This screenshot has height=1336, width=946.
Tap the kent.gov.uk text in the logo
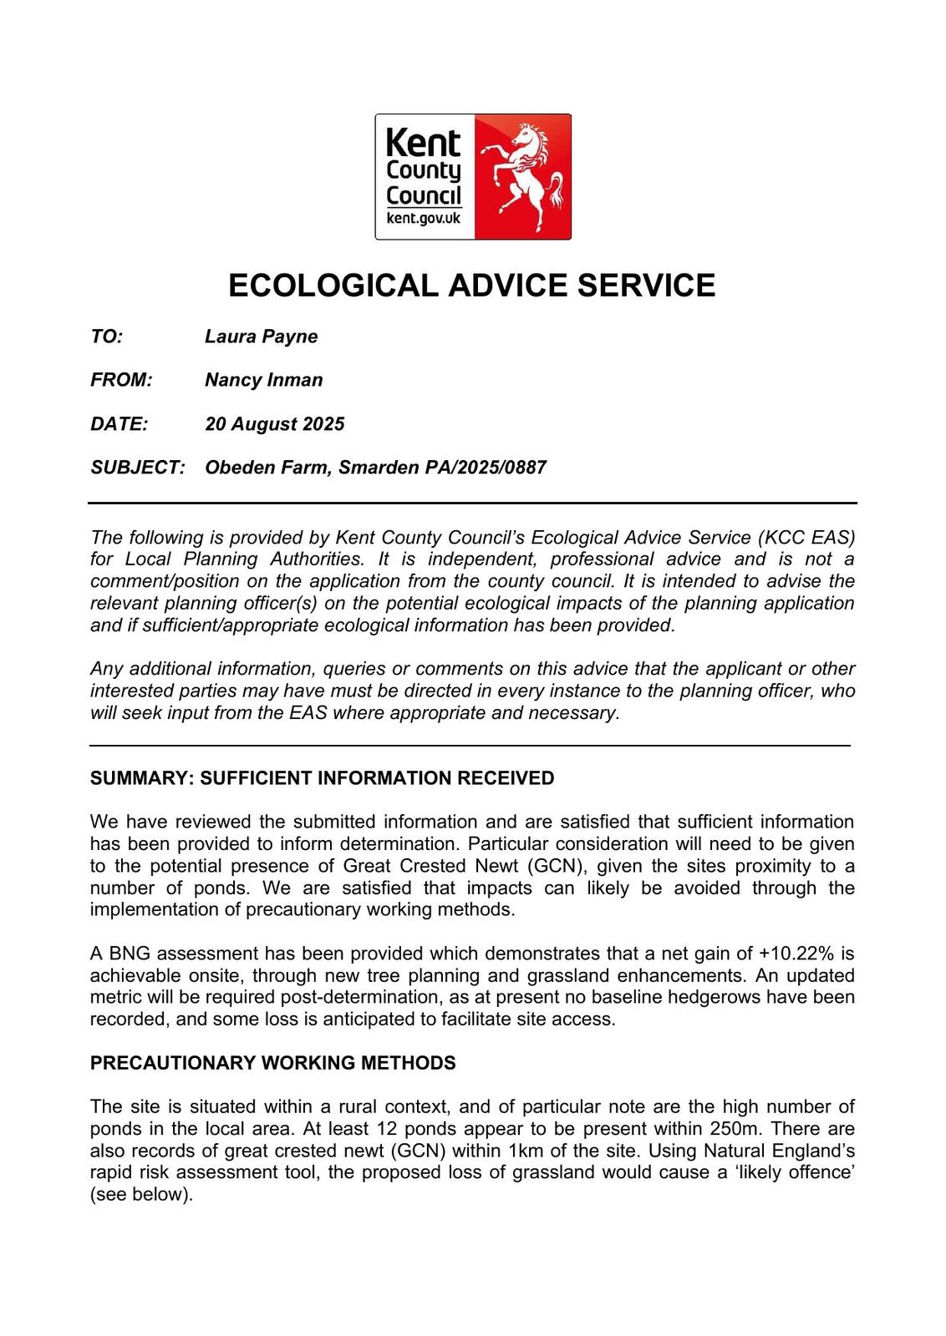coord(424,218)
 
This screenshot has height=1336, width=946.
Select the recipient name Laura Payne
coord(261,337)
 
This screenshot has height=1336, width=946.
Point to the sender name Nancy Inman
coord(263,380)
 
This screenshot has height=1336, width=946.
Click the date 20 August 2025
coord(274,423)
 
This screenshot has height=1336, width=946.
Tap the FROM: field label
coord(121,380)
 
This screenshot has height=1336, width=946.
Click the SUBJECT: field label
coord(137,467)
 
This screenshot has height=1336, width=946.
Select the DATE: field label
coord(119,423)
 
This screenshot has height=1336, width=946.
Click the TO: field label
coord(106,337)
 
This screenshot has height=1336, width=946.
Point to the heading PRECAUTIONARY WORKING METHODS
coord(272,1063)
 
